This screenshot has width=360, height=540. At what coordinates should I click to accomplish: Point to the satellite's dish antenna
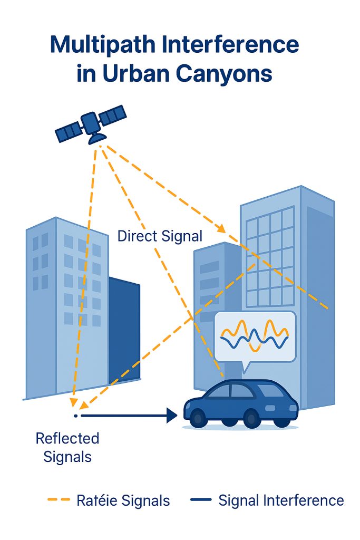click(x=97, y=138)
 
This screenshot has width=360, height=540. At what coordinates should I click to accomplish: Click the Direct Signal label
click(x=160, y=236)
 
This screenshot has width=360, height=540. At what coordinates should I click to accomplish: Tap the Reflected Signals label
click(x=67, y=447)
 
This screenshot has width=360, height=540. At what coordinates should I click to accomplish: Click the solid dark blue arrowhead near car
click(x=171, y=416)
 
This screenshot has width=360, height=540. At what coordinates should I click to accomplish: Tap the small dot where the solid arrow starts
click(x=76, y=416)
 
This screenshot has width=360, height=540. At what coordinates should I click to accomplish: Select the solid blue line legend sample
click(x=199, y=500)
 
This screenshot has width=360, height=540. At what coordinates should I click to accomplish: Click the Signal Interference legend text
click(x=281, y=500)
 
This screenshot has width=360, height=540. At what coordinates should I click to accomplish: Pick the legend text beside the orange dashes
click(x=123, y=500)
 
